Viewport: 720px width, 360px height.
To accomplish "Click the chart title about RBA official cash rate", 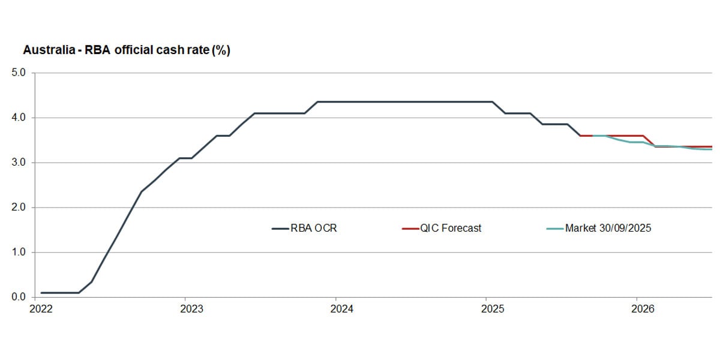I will (126, 51).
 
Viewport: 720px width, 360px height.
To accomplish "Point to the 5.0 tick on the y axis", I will (19, 73).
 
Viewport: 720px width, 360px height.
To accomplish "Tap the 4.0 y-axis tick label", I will (19, 118).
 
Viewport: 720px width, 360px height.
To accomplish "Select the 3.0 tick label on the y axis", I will (19, 163).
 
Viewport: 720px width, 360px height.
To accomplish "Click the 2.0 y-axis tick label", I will (19, 208).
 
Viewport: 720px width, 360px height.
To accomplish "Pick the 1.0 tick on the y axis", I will (19, 253).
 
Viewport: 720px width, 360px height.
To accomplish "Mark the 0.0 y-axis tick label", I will (19, 298).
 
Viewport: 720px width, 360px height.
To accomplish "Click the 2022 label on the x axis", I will (41, 310).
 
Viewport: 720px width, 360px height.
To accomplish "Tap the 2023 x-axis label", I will (191, 310).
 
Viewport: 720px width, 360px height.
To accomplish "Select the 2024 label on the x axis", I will (342, 310).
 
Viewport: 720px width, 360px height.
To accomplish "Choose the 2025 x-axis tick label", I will (493, 310).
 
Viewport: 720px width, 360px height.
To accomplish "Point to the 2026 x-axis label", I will (643, 310).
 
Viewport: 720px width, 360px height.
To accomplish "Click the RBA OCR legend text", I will (314, 229).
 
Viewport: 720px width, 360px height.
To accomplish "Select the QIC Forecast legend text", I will (451, 229).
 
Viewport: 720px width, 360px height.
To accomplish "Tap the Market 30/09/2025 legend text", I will (608, 229).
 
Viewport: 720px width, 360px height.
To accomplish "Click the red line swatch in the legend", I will (410, 229).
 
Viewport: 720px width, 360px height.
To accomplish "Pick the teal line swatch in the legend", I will (555, 229).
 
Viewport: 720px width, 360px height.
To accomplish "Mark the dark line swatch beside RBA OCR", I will (280, 229).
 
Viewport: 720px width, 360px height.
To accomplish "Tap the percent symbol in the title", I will (220, 51).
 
